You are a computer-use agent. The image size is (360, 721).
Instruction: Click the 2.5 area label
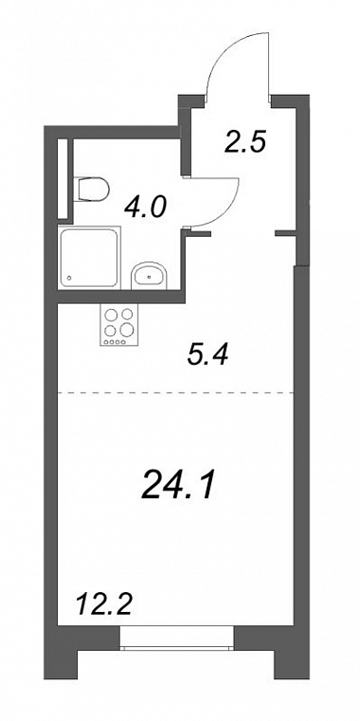[245, 142]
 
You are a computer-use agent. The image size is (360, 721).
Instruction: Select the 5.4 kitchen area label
[207, 354]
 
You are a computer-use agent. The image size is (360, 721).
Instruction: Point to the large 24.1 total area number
[178, 486]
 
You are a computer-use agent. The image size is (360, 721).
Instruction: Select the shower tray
[89, 258]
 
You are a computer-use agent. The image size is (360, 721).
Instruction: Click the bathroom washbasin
[150, 277]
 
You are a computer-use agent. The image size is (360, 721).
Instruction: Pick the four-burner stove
[118, 326]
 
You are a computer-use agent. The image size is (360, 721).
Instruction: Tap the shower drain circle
[69, 279]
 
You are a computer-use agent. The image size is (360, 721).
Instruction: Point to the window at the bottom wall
[177, 638]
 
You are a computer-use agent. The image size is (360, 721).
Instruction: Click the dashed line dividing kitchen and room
[175, 392]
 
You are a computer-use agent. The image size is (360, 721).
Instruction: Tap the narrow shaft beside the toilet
[63, 179]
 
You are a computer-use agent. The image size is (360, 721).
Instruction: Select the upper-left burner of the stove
[112, 315]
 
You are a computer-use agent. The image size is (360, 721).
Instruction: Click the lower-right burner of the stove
[126, 330]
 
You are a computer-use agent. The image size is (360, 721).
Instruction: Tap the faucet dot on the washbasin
[150, 277]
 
